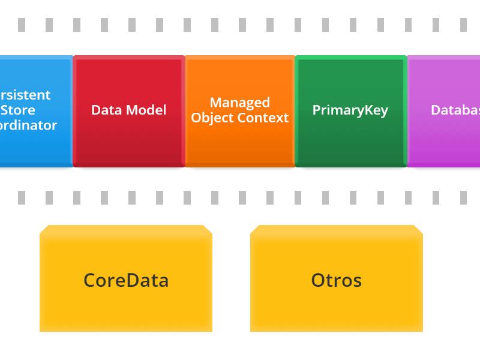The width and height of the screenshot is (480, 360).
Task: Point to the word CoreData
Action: (126, 280)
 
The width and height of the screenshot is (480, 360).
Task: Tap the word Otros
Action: (337, 280)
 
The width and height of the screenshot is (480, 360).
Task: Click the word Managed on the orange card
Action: (240, 103)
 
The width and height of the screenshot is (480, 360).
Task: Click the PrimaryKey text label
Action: (350, 110)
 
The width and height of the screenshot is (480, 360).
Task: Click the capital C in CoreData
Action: (90, 281)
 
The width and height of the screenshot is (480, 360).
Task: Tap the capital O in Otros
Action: (319, 281)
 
